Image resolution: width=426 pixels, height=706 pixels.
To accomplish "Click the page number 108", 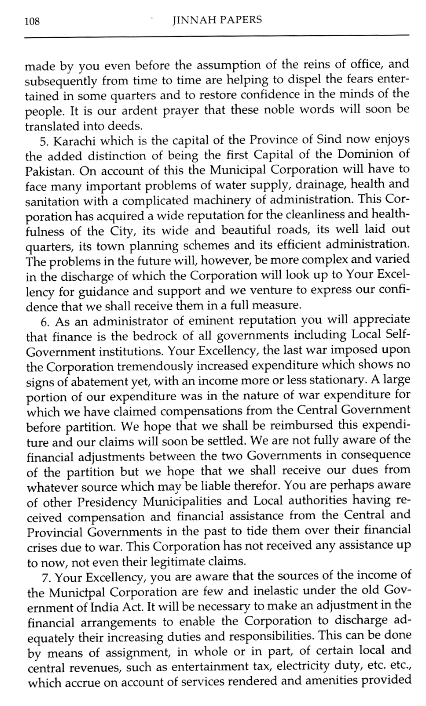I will (32, 21).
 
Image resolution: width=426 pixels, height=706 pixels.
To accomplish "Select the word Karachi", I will (72, 140).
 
